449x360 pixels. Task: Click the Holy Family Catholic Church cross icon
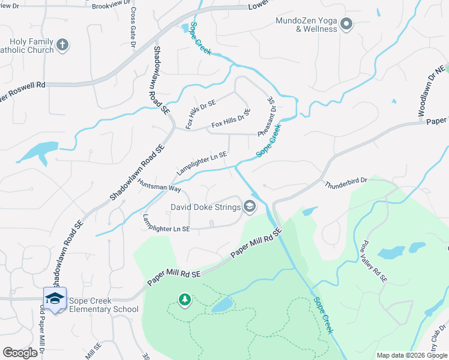(x=62, y=44)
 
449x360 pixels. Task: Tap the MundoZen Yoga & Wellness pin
(x=346, y=25)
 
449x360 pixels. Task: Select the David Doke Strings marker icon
(x=249, y=208)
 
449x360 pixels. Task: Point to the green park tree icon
(x=185, y=299)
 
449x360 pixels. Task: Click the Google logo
(x=20, y=353)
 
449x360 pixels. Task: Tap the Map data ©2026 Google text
(x=411, y=355)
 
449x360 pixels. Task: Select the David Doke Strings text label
(x=205, y=208)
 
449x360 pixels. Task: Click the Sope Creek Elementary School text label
(x=99, y=305)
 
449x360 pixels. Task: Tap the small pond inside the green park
(x=221, y=305)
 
